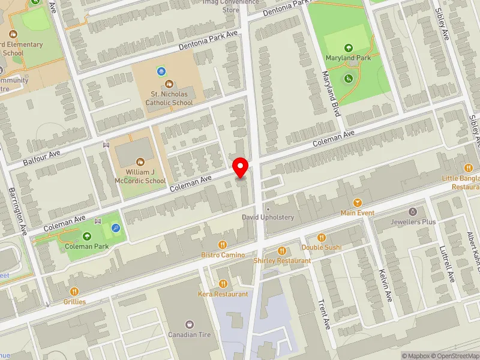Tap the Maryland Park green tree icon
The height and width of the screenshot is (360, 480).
[348, 47]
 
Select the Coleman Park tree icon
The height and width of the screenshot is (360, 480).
[88, 236]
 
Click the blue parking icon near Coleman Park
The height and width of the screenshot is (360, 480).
[115, 228]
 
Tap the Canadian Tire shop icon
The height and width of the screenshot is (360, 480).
[190, 324]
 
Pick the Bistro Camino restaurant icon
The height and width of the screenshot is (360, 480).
[223, 244]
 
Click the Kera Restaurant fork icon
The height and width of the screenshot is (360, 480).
[223, 284]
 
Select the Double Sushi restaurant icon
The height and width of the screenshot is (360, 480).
[321, 238]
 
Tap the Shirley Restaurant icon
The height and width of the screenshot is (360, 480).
[281, 251]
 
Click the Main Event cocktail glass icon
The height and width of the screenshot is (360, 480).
[358, 203]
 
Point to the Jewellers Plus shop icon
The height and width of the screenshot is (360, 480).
[412, 212]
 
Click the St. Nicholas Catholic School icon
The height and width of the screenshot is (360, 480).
[169, 85]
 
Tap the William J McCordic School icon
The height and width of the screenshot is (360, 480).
[140, 161]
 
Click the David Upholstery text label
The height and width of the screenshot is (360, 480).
[268, 217]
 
